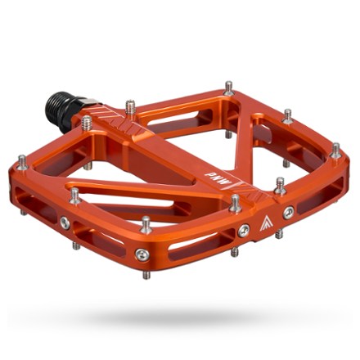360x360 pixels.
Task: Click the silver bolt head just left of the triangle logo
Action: click(x=244, y=230)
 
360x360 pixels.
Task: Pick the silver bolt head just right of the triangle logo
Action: click(x=288, y=212)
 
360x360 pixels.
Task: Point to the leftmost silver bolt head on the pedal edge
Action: click(x=64, y=222)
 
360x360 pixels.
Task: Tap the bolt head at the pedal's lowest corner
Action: click(x=142, y=254)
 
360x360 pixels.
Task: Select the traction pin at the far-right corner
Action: click(x=335, y=151)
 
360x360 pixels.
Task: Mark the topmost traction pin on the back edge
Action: click(x=228, y=87)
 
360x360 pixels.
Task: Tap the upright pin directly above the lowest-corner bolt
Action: click(x=145, y=223)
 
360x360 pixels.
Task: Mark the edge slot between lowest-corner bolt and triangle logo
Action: click(x=196, y=242)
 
